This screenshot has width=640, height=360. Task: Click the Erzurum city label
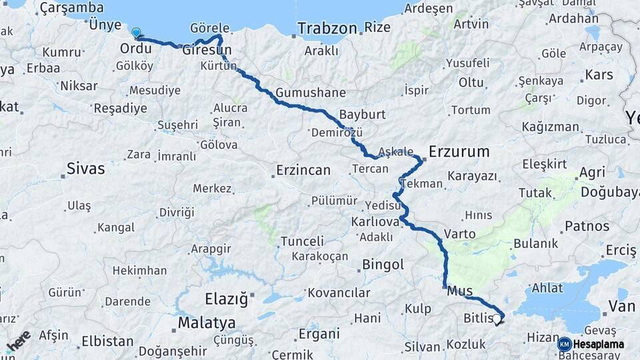pos(459,152)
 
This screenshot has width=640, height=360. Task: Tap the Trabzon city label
pos(327,29)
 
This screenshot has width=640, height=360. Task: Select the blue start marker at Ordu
pos(137,33)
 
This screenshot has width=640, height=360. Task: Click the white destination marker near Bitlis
pos(497,320)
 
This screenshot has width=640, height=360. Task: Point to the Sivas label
pos(86,169)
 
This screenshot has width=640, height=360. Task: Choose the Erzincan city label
pos(303,171)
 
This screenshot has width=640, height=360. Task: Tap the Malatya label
pos(207,323)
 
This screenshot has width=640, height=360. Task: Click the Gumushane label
pos(311,93)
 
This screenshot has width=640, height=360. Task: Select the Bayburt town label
pos(362,114)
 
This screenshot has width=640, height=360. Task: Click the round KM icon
pos(565,345)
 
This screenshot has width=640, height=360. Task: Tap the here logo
pos(18,341)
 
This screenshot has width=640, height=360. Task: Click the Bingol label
pos(383,265)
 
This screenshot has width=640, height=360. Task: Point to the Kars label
pos(598,74)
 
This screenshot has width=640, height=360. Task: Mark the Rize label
pos(377,28)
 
